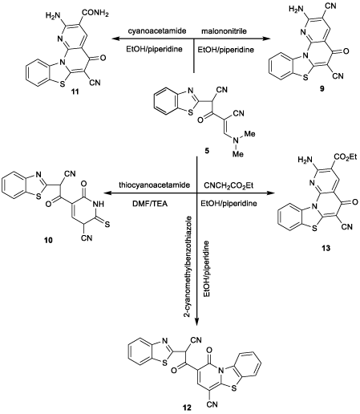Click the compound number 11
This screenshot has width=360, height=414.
coord(75,92)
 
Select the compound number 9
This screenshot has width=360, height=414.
coord(322,89)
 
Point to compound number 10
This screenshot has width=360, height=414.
coord(49,241)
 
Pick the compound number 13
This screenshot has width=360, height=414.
coord(326,248)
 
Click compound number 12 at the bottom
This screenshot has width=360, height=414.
coord(187,408)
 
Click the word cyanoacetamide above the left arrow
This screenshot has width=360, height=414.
coord(157,31)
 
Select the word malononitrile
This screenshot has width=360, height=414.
coord(224,31)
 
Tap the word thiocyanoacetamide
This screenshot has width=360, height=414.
coord(155,185)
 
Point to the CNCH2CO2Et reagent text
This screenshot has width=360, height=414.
coord(229,185)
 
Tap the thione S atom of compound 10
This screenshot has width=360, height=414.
coord(107,225)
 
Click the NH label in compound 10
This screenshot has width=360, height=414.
coord(97,205)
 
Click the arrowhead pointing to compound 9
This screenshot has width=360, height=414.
coord(266,39)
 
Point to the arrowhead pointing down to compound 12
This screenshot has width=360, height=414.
coord(197,321)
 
